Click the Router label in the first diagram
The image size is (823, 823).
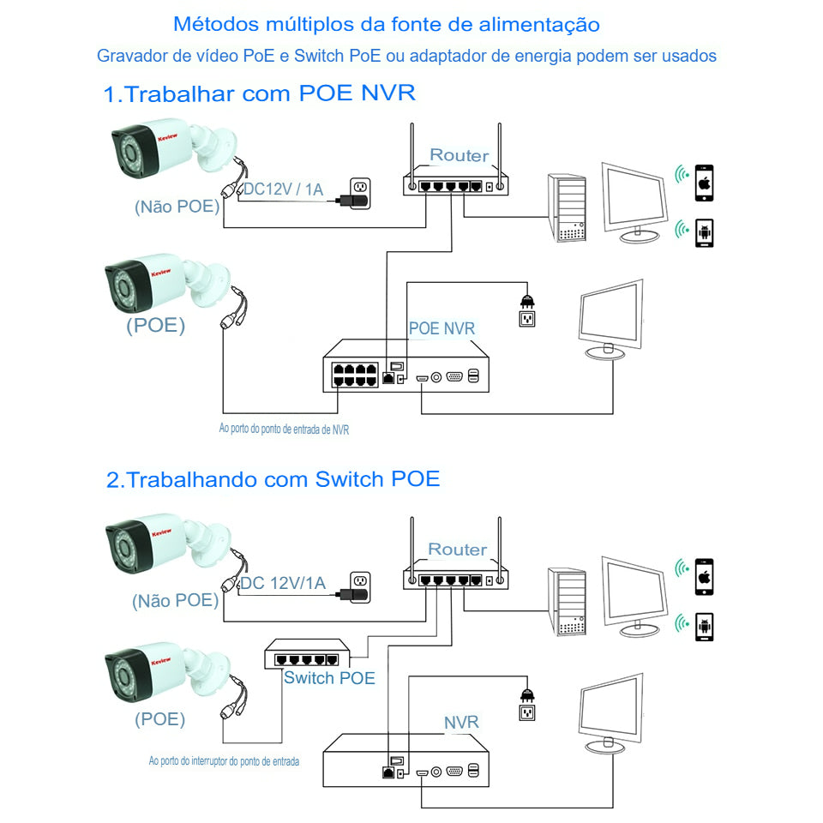pyautogui.click(x=459, y=155)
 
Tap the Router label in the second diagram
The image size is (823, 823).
pyautogui.click(x=457, y=549)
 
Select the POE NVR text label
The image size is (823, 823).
pyautogui.click(x=442, y=328)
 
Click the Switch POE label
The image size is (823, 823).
pyautogui.click(x=329, y=678)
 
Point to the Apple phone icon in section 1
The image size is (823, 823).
pyautogui.click(x=704, y=183)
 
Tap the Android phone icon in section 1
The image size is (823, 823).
pyautogui.click(x=704, y=232)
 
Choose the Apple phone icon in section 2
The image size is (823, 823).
pyautogui.click(x=704, y=576)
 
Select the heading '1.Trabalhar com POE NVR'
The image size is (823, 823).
pyautogui.click(x=259, y=93)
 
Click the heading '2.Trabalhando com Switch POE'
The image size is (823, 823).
pyautogui.click(x=273, y=479)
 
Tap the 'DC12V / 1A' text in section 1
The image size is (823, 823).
pyautogui.click(x=283, y=189)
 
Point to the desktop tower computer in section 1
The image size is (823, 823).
pyautogui.click(x=568, y=208)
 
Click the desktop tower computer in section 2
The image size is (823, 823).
pyautogui.click(x=568, y=602)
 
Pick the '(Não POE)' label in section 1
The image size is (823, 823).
pyautogui.click(x=177, y=207)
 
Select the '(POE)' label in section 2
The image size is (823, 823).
pyautogui.click(x=159, y=719)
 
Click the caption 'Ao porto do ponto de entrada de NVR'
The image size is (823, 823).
pyautogui.click(x=284, y=429)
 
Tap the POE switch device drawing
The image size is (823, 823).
pyautogui.click(x=308, y=656)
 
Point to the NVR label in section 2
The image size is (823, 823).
pyautogui.click(x=461, y=723)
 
